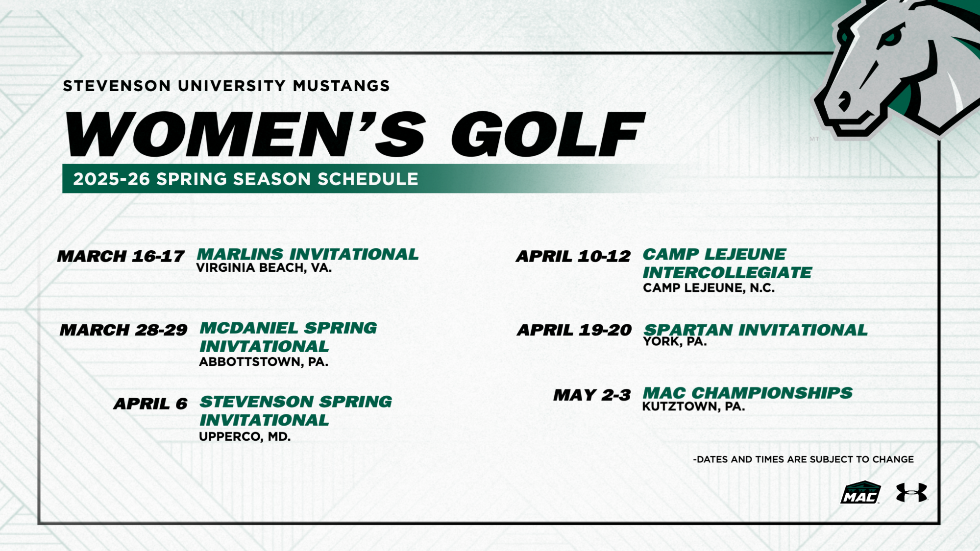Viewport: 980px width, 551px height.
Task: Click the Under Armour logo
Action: tap(911, 492)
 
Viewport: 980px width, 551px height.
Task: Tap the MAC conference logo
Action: tap(860, 493)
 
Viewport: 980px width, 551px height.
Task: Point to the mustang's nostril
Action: tap(844, 102)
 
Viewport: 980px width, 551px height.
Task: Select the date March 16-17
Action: tap(121, 256)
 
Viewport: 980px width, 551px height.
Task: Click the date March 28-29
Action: tap(123, 330)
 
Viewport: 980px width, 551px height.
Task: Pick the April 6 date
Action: tap(150, 404)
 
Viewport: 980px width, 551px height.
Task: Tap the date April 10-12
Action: tap(573, 256)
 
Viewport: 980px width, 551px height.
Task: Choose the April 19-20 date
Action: tap(574, 330)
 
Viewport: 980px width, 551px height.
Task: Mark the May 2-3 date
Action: tap(592, 395)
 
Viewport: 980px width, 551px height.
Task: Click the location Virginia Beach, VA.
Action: tap(264, 268)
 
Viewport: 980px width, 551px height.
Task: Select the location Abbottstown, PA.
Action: tap(264, 362)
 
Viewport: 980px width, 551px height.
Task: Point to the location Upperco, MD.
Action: tap(245, 436)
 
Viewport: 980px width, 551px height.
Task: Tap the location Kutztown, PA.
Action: tap(693, 407)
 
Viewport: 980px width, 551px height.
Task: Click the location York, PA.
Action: tap(675, 341)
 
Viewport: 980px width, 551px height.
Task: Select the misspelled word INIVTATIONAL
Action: tap(264, 346)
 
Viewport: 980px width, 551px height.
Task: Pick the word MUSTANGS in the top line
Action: tap(341, 86)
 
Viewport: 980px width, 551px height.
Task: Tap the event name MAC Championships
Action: tap(747, 393)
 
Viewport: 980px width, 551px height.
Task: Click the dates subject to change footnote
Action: tap(803, 459)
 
